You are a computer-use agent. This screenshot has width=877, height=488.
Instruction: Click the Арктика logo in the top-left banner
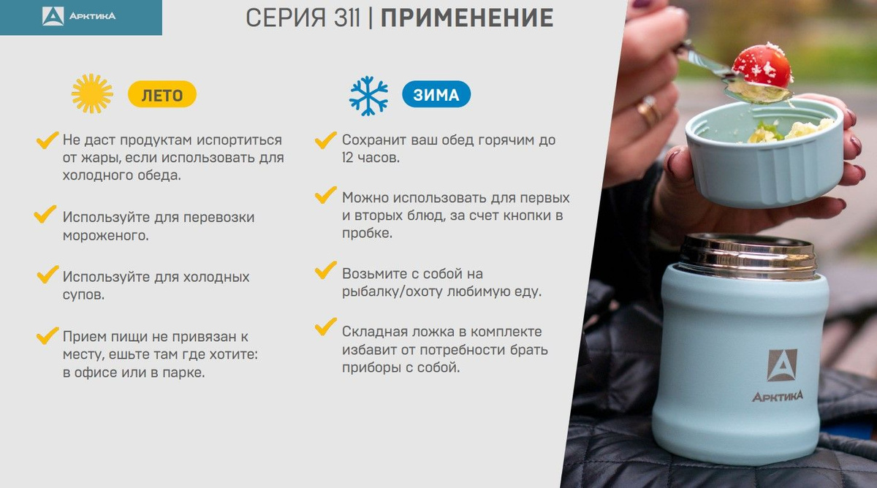coord(79,16)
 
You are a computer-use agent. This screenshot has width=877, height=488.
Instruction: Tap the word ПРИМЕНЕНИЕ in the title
coord(467,18)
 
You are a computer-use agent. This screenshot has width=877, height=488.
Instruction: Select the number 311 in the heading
coord(347,18)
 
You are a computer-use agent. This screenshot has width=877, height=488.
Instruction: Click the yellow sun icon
coord(92,94)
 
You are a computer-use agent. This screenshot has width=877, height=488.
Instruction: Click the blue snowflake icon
coord(368,96)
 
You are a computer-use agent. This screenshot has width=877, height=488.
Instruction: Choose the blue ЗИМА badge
coord(436,94)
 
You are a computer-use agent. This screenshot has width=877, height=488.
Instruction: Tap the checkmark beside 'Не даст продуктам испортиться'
coord(47,140)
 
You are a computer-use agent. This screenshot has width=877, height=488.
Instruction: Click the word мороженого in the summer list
coord(106,235)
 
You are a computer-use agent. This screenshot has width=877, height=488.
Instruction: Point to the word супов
coord(83,294)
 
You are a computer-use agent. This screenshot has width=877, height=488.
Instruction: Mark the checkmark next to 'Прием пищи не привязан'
coord(47,336)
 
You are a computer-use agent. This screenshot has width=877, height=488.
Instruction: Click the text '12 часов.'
coord(371,158)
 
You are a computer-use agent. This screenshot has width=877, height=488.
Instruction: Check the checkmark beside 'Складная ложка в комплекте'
coord(325,327)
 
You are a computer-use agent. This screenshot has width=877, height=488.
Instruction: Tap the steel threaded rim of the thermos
coord(748,256)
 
